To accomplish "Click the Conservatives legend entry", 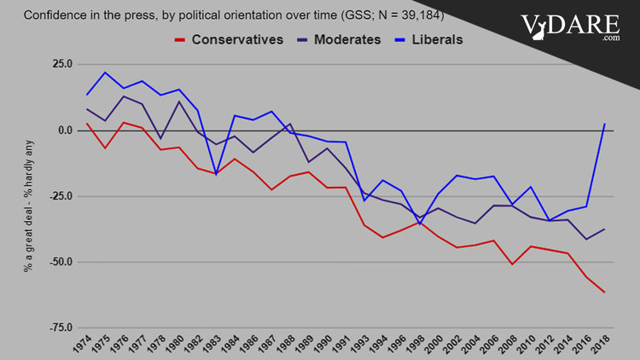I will pos(226,40).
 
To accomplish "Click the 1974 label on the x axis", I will pos(82,345).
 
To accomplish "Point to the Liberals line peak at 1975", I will pos(105,73).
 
